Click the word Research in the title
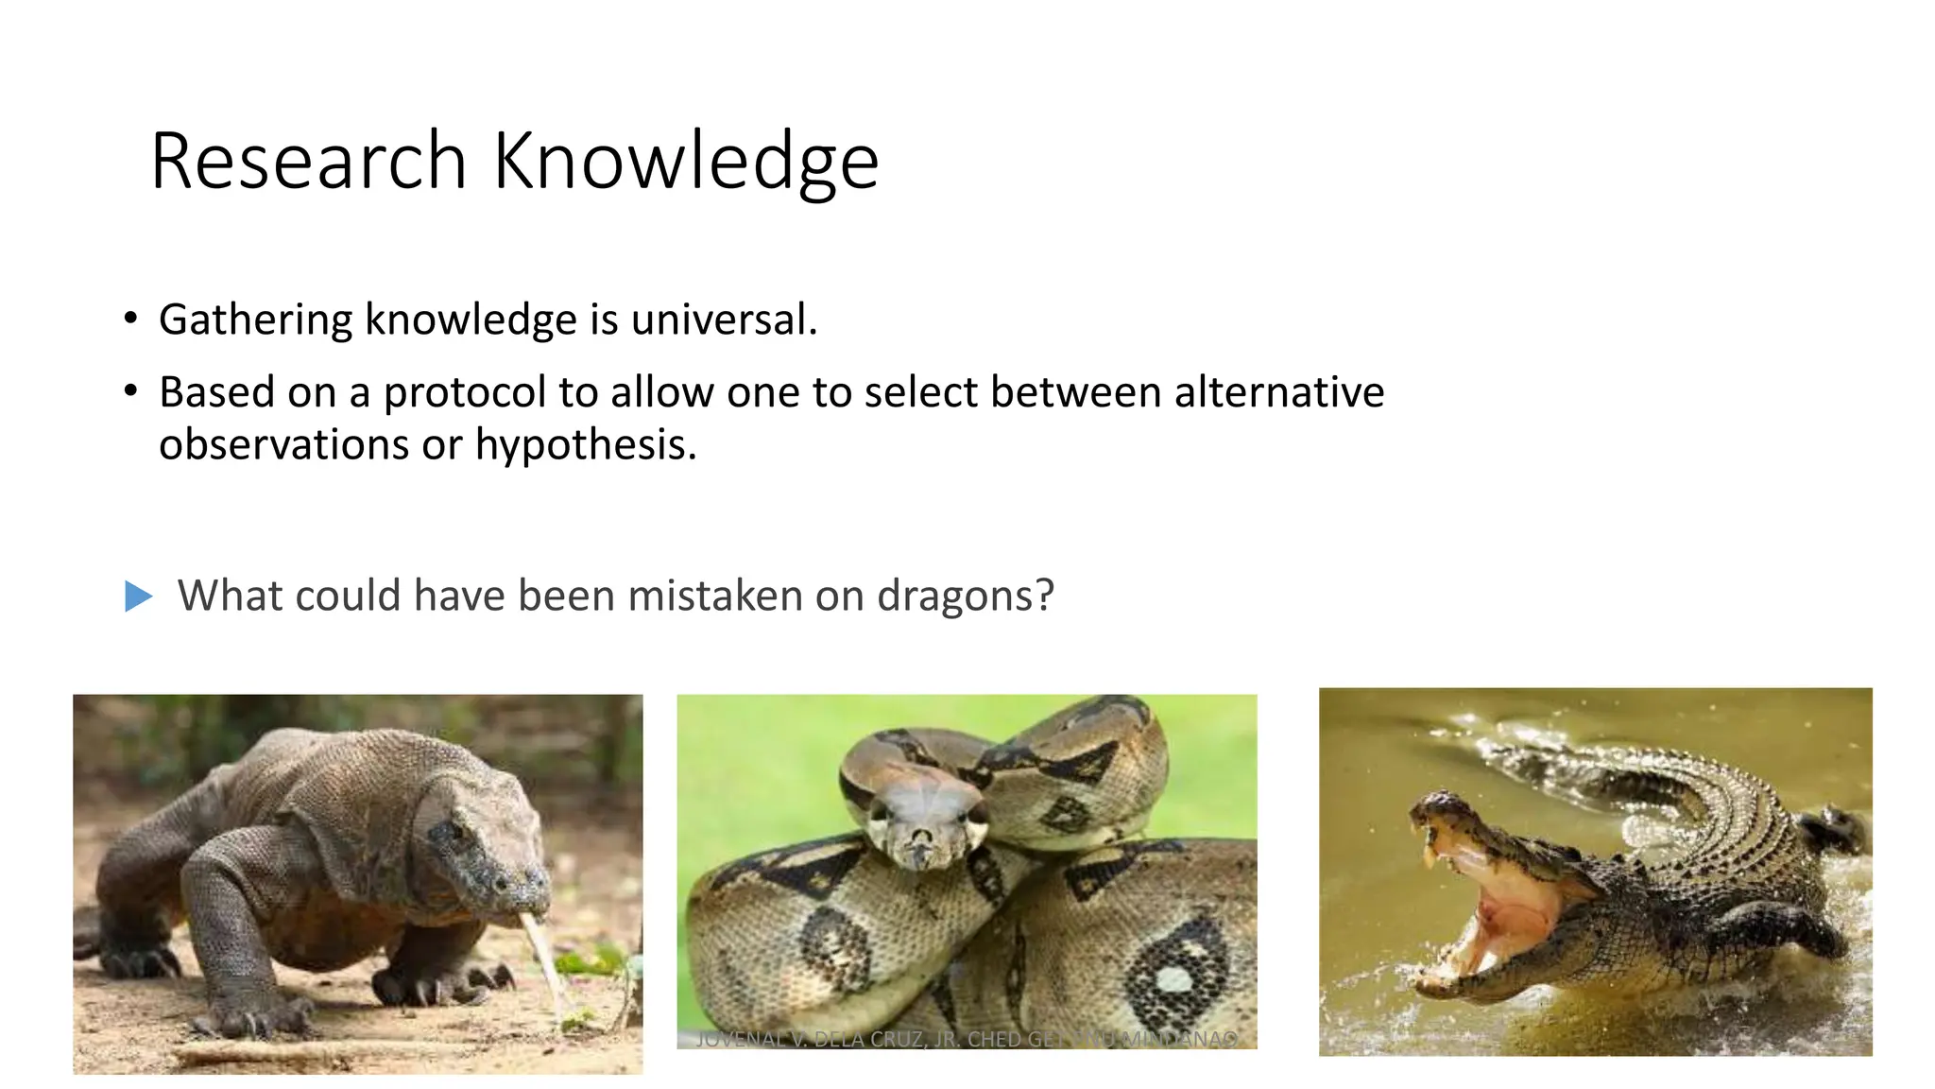[x=308, y=161]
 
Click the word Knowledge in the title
[x=686, y=161]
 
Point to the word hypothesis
[x=585, y=444]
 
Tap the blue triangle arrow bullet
[x=138, y=596]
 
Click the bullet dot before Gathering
[x=131, y=318]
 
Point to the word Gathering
[x=254, y=320]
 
